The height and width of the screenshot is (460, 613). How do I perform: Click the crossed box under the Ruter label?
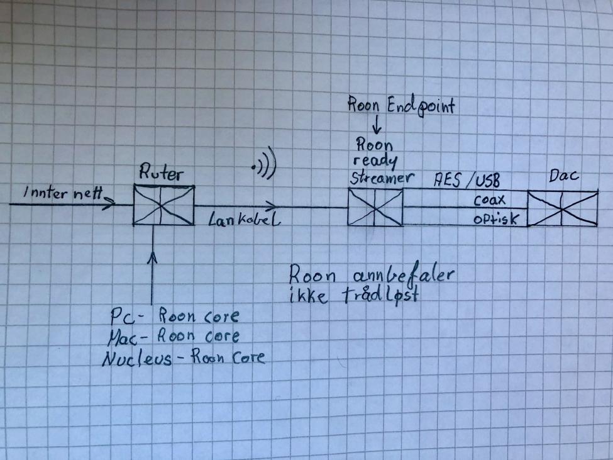(163, 205)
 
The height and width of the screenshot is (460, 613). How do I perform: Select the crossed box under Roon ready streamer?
(375, 207)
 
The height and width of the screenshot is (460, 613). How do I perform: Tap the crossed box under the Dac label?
(562, 209)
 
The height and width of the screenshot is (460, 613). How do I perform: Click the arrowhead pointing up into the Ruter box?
(153, 257)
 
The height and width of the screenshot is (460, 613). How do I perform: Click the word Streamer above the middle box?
(375, 178)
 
